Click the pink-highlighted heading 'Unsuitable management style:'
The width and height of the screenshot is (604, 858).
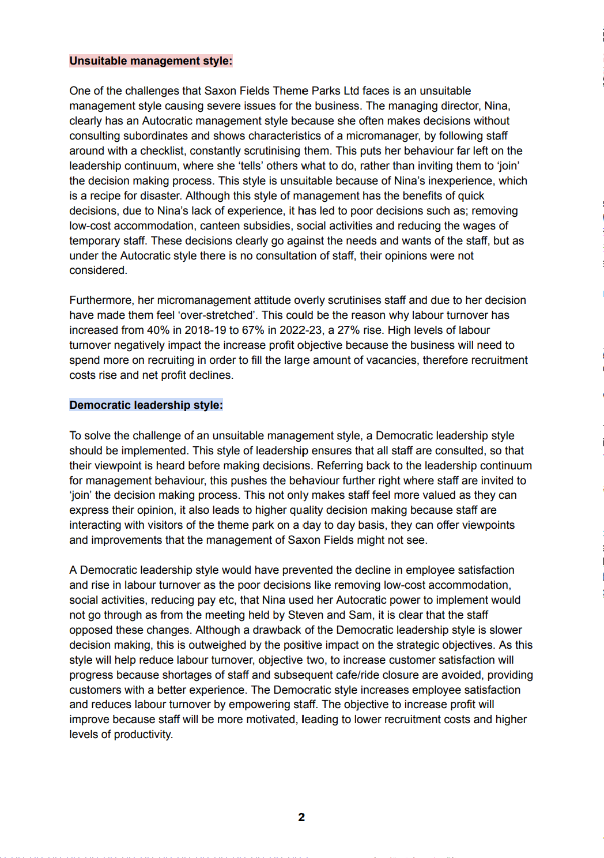point(150,61)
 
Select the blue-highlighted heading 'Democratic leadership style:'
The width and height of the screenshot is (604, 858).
point(146,405)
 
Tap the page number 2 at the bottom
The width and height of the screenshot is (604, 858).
point(301,817)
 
